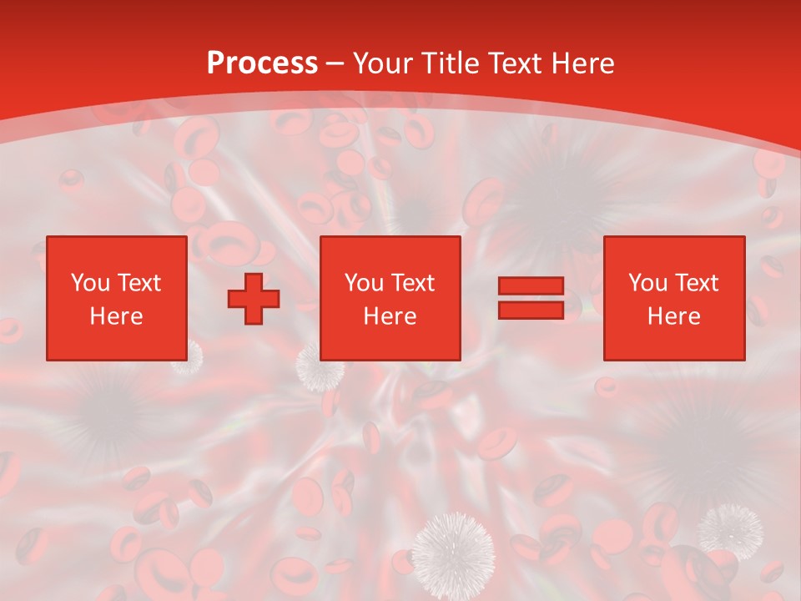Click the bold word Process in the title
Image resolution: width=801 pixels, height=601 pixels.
coord(262,63)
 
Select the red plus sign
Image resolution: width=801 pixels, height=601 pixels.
coord(254,298)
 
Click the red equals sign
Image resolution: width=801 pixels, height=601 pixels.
coord(531,298)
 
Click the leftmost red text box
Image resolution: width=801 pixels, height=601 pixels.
coord(117,298)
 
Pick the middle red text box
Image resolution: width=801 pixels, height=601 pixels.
coord(390,298)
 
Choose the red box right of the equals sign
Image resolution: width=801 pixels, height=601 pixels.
coord(673,298)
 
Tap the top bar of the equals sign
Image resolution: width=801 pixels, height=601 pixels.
coord(531,286)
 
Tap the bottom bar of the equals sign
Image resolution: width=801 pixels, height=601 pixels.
coord(531,310)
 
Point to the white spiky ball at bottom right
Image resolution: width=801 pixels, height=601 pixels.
coord(730,530)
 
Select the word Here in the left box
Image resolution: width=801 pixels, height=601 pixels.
coord(116,316)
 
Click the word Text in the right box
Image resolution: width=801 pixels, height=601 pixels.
coord(697,283)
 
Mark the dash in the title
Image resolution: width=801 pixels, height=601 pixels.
coord(335,63)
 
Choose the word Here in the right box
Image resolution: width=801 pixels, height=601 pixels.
coord(673,316)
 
